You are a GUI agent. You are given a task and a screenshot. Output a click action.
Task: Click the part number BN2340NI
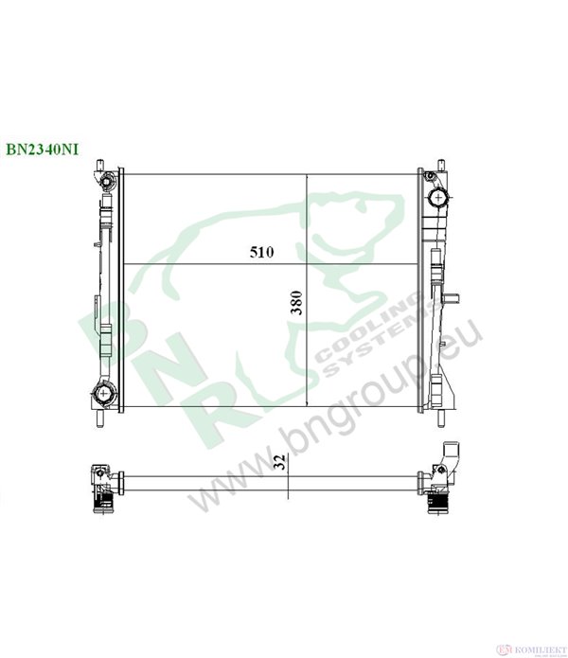tap(42, 150)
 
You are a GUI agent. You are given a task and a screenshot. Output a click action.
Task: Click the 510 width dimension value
tap(261, 252)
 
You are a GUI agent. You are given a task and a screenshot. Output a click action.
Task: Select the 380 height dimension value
tap(297, 302)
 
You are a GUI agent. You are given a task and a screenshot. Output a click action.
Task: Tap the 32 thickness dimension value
tap(281, 462)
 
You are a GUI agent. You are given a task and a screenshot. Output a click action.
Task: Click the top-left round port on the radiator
tap(107, 182)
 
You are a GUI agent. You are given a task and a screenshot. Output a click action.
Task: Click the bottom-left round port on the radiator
tap(102, 394)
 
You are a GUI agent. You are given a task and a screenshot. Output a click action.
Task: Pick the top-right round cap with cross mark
tap(438, 197)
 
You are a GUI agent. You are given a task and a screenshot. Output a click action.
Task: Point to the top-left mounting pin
tap(99, 165)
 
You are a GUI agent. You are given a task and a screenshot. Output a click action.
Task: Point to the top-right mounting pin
tap(441, 165)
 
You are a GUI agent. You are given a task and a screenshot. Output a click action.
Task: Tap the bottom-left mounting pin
tap(99, 418)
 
